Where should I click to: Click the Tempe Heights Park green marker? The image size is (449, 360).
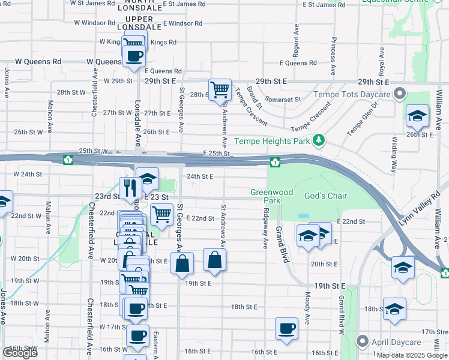pyautogui.click(x=319, y=141)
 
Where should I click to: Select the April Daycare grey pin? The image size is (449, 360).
pyautogui.click(x=362, y=341)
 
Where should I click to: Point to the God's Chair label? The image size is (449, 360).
pyautogui.click(x=326, y=196)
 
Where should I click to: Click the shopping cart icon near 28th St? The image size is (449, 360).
pyautogui.click(x=220, y=90)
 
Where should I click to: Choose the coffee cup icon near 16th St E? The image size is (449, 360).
pyautogui.click(x=286, y=329)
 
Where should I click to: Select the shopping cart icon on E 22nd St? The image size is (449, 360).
pyautogui.click(x=161, y=214)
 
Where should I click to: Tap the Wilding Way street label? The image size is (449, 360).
pyautogui.click(x=394, y=154)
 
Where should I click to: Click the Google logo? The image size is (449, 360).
pyautogui.click(x=20, y=353)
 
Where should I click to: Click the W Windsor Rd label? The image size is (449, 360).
pyautogui.click(x=94, y=23)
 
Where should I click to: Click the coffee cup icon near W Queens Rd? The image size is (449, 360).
pyautogui.click(x=134, y=56)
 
